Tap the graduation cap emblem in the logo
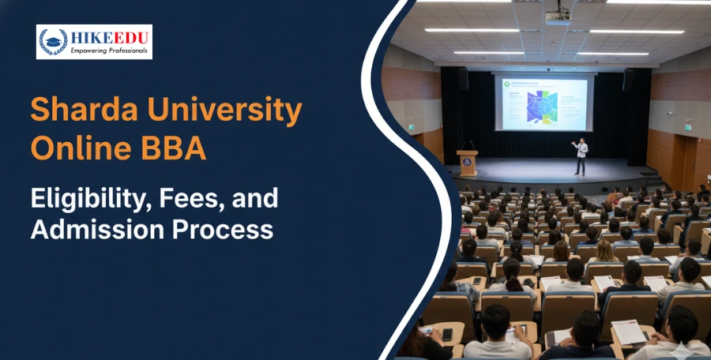(53, 41)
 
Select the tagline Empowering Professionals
(108, 51)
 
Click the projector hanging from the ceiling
(558, 16)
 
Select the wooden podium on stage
(467, 163)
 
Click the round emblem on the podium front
(467, 165)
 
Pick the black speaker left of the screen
(463, 79)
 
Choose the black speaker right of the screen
(628, 79)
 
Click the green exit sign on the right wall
(688, 127)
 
